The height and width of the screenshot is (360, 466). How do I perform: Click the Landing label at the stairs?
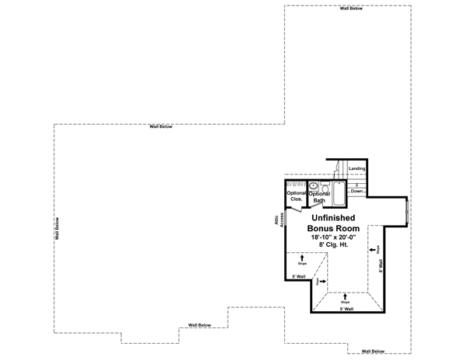(356, 168)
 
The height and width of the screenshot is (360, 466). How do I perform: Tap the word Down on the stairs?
(356, 190)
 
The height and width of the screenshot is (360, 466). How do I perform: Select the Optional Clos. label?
(296, 196)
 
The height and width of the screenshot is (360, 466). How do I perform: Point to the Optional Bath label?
(318, 197)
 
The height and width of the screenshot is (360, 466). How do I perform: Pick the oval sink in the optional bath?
(314, 186)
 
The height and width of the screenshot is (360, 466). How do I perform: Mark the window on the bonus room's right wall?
(408, 209)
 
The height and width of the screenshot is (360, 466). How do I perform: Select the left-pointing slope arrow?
(374, 250)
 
